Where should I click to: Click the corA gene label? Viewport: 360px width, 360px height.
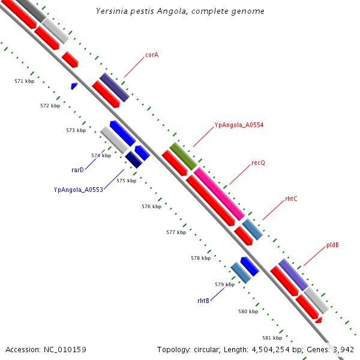[x=152, y=55]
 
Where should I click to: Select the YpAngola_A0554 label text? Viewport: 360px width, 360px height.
[x=239, y=125]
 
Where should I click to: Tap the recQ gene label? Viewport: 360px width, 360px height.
[x=258, y=163]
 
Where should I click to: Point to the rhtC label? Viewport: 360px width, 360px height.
[x=291, y=199]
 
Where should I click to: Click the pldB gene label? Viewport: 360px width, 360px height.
[x=333, y=245]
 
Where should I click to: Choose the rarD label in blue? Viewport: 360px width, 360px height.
[x=77, y=170]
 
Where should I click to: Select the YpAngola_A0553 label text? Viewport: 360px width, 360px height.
[x=79, y=190]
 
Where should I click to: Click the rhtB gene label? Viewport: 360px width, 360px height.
[x=203, y=300]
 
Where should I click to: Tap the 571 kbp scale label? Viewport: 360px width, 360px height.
[x=25, y=80]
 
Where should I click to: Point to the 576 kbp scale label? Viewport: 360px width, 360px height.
[x=152, y=206]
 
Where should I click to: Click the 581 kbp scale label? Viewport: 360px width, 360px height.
[x=272, y=338]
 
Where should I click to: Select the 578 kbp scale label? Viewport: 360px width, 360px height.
[x=200, y=258]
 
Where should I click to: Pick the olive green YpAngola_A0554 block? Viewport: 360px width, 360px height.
[x=183, y=156]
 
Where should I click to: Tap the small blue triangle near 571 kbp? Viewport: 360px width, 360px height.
[x=74, y=86]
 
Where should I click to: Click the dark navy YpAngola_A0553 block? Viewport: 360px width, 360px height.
[x=133, y=160]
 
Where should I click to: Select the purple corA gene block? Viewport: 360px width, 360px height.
[x=114, y=87]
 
